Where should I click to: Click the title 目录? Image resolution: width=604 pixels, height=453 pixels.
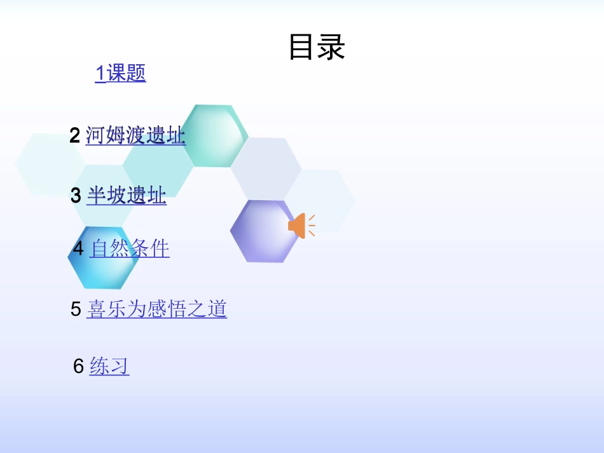click(317, 48)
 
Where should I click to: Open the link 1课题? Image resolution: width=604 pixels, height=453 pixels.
click(120, 73)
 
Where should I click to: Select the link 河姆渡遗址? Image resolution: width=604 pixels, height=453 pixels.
click(135, 135)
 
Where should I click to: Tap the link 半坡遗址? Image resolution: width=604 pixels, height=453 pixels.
click(127, 195)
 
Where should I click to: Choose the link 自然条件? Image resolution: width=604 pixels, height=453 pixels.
click(130, 248)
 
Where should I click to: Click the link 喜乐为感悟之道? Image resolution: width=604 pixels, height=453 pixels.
click(156, 309)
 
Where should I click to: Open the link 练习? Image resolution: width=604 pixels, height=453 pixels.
click(109, 366)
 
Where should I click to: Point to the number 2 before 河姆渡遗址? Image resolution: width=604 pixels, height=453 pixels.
click(75, 135)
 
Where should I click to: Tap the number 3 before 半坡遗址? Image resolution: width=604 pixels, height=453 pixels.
click(76, 196)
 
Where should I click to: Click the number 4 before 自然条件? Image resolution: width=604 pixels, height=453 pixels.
click(78, 248)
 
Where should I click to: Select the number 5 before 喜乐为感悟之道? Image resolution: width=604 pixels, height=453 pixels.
click(76, 309)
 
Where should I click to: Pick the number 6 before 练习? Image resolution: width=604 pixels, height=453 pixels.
click(79, 367)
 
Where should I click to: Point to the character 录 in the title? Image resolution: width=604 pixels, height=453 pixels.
click(331, 48)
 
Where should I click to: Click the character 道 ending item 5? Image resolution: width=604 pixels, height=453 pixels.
click(217, 309)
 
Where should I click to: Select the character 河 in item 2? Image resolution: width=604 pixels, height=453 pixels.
click(95, 135)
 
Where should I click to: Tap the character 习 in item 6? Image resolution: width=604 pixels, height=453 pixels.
click(120, 366)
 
